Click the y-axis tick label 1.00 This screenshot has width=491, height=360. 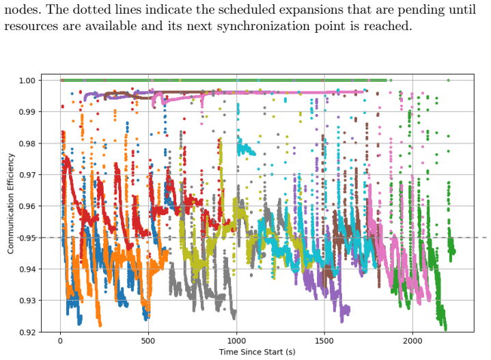click(27, 81)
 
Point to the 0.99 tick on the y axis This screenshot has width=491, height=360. click(27, 112)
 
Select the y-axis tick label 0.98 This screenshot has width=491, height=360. click(27, 143)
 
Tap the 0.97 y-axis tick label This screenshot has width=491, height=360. click(27, 175)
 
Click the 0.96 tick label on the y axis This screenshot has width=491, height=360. click(27, 206)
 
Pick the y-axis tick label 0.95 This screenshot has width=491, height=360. click(27, 238)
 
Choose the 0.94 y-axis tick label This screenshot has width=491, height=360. click(27, 269)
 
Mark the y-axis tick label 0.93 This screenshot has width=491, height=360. click(27, 301)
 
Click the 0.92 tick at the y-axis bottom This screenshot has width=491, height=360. click(27, 332)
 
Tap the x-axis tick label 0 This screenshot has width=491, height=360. click(60, 341)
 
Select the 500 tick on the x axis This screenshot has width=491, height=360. click(148, 341)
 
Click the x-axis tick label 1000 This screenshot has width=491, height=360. click(236, 341)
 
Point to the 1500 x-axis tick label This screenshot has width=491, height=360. click(324, 341)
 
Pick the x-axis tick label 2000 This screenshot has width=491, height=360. click(412, 341)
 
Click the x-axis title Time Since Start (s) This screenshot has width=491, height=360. click(257, 352)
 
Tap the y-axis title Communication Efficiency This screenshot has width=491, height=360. click(11, 204)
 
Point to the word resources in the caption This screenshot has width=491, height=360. click(31, 27)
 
